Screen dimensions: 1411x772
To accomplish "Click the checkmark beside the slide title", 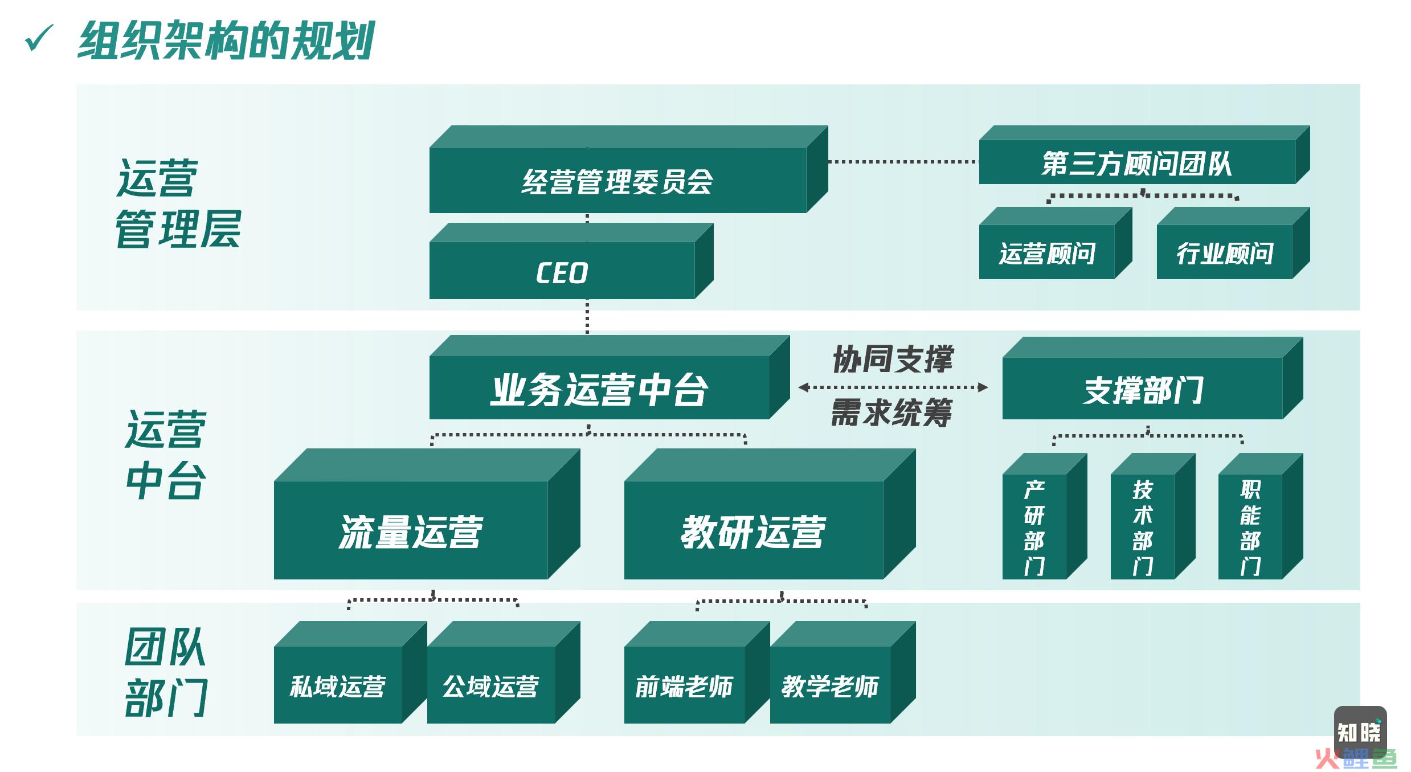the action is [39, 39].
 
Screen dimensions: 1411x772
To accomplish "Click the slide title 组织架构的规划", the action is [226, 40].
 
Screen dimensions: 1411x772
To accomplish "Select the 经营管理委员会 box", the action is [628, 169].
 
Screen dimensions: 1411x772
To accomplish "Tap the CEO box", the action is [571, 261].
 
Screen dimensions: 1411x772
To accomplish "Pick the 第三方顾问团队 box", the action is [1144, 155].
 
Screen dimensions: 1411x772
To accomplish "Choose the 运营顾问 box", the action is [1056, 243].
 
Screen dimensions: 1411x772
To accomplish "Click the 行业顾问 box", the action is [1233, 243].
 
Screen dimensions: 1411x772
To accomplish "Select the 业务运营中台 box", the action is [610, 377].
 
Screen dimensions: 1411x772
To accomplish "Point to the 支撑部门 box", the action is [1153, 378].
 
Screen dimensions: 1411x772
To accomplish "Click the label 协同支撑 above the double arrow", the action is [893, 359].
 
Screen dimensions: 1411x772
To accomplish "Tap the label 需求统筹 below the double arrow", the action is [891, 412].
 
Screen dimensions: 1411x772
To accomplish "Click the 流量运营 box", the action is [427, 514].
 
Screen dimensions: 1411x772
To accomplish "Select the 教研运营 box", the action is [770, 514].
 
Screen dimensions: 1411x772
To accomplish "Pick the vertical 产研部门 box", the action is [1045, 516].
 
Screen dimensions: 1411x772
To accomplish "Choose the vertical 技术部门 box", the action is [1153, 516].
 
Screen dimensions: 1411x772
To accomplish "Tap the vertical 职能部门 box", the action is [1261, 516].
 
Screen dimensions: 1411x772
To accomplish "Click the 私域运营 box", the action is [350, 672].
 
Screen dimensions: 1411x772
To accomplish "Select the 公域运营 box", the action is [504, 672].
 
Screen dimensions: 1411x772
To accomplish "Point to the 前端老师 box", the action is [697, 672].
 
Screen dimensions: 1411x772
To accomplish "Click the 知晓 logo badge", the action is [1360, 732].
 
